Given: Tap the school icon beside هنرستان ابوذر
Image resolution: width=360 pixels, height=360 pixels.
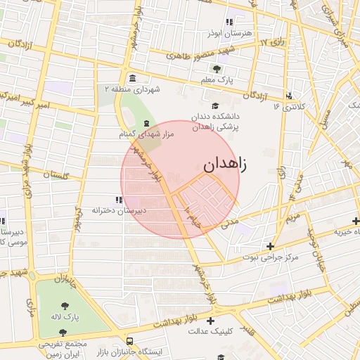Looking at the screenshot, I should click(229, 23).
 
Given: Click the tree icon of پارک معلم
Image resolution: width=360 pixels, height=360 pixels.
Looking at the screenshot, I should click(217, 69).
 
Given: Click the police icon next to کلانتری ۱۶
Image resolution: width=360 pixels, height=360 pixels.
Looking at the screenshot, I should click(289, 96).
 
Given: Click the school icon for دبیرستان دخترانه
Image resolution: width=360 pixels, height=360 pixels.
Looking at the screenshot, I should click(118, 200).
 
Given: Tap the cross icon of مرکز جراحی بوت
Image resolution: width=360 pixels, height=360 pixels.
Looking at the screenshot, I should click(271, 246).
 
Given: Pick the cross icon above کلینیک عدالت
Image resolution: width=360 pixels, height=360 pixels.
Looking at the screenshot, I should click(210, 321).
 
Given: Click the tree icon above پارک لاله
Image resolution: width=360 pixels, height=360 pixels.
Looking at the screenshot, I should click(65, 306).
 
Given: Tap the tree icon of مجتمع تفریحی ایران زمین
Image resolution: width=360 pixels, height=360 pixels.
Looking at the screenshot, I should click(63, 332).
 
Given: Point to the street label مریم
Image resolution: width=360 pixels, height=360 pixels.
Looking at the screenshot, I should click(292, 217).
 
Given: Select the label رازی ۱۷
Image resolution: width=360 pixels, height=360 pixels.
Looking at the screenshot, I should click(274, 43).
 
